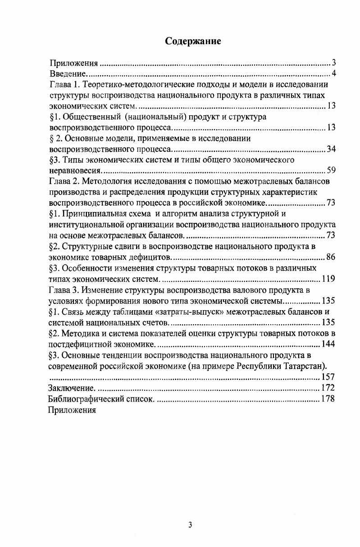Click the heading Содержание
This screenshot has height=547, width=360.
coord(193,42)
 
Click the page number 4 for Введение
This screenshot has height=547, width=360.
coord(334,73)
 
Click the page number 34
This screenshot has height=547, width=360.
coord(331,149)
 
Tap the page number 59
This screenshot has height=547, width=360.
coord(331,171)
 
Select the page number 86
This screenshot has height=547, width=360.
coord(331,257)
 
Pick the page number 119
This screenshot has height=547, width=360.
coord(328,279)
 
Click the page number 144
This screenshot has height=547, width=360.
coord(328,344)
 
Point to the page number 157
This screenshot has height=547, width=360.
coord(328,377)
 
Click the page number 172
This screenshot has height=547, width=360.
coord(328,388)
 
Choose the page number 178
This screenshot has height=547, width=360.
coord(328,399)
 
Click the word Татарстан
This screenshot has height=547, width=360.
coord(306,366)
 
